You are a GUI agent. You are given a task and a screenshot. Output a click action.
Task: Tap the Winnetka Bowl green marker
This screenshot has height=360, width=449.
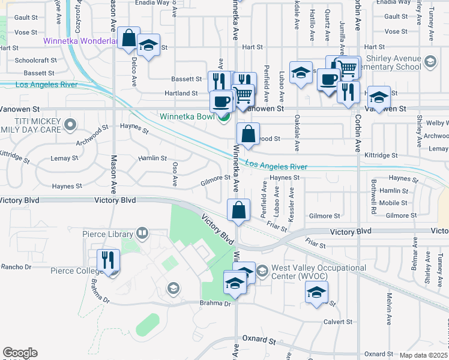pos(223,116)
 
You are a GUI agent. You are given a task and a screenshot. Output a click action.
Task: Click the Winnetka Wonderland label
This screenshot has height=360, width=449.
pos(80,41)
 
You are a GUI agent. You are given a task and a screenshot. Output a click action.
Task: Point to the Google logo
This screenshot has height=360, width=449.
pos(20,353)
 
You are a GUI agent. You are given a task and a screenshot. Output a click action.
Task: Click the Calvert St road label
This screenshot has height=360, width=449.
pos(338,322)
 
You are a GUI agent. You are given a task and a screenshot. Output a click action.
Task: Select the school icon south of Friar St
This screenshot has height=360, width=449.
pos(316,293)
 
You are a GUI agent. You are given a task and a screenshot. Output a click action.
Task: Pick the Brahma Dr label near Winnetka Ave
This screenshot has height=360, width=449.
pos(215,304)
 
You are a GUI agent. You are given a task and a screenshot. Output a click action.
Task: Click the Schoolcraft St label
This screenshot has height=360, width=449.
pos(35,61)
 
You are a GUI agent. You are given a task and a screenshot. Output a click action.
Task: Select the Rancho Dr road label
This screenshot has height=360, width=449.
pos(16,266)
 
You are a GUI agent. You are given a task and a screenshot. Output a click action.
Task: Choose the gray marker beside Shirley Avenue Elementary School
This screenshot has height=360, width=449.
pos(430,61)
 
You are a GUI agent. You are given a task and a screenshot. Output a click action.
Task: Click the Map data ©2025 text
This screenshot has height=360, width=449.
pos(423,355)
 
